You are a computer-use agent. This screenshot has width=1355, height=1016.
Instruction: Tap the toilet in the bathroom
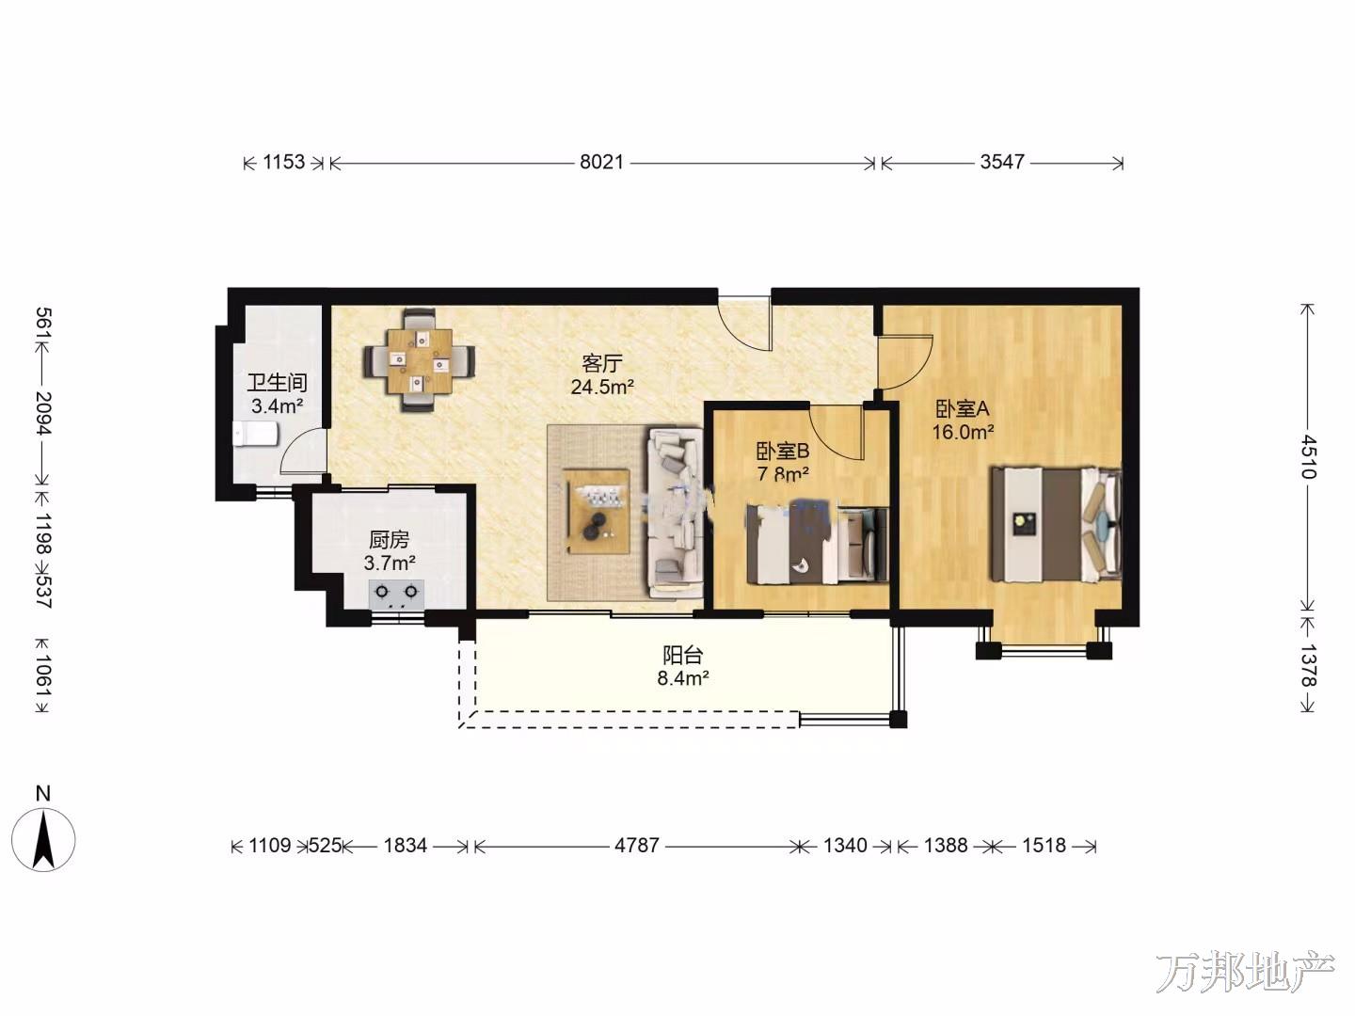[x=255, y=434]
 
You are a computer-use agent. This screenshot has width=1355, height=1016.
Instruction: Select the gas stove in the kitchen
[x=396, y=594]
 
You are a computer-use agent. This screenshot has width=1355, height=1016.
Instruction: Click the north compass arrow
[x=42, y=841]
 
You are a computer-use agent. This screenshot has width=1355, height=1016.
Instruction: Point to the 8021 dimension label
[x=601, y=162]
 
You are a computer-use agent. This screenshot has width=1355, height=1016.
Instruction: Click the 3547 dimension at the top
[x=1002, y=162]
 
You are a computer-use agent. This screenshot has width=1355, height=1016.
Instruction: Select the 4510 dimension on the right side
[x=1308, y=457]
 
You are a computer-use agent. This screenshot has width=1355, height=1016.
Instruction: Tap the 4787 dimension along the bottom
[x=636, y=845]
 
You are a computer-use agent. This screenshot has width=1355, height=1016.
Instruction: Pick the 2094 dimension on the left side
[x=44, y=413]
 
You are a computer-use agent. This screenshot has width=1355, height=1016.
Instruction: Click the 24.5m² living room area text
[x=602, y=388]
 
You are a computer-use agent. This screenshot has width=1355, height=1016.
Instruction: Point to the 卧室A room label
[x=963, y=408]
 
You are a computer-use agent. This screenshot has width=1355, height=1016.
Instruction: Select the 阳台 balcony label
[x=683, y=655]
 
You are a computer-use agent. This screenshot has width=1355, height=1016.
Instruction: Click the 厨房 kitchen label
[x=389, y=540]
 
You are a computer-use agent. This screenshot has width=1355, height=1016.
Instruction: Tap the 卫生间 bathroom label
[x=278, y=383]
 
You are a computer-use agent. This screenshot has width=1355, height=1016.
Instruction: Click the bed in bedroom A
[x=1056, y=524]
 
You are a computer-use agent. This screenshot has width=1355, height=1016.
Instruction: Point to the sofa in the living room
[x=674, y=514]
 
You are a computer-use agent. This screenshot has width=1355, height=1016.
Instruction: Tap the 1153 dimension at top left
[x=283, y=162]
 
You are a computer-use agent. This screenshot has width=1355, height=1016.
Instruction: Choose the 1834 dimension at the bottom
[x=405, y=845]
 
